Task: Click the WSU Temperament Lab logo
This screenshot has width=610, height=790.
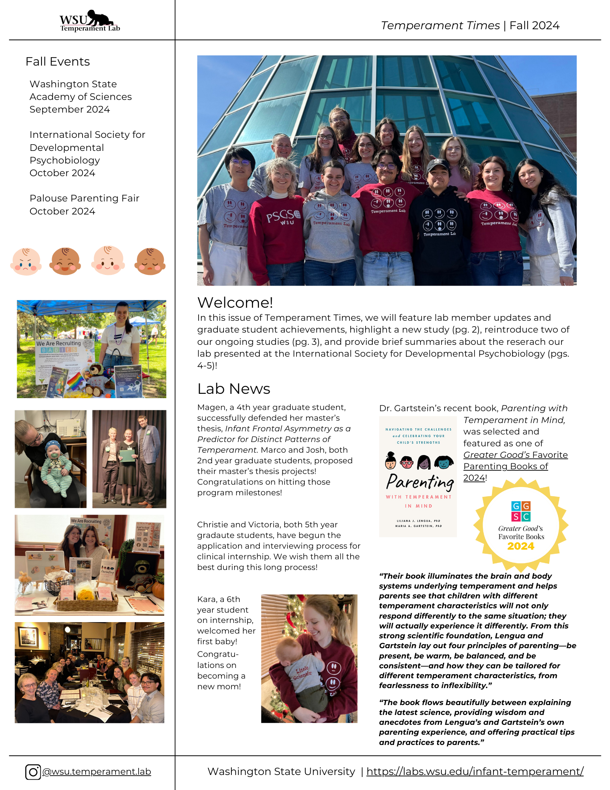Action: click(90, 21)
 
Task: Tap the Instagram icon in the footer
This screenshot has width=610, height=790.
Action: click(33, 772)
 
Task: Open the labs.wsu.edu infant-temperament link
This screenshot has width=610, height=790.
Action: click(475, 771)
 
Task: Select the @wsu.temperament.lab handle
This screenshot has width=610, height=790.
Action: click(97, 772)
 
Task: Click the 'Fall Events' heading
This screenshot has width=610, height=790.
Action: click(58, 62)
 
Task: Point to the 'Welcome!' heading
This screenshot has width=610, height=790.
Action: click(235, 303)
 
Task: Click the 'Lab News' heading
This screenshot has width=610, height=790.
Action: click(234, 389)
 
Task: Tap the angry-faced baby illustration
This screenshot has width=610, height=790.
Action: click(26, 261)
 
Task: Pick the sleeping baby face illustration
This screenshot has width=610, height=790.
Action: click(150, 261)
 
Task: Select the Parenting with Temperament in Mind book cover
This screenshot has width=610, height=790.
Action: click(418, 476)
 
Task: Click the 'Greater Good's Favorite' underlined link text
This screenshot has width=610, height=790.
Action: click(515, 455)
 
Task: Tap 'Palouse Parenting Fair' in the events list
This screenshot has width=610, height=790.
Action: click(84, 198)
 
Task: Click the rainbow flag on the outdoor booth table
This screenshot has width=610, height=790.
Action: click(75, 381)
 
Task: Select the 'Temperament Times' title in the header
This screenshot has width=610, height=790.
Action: click(440, 26)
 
